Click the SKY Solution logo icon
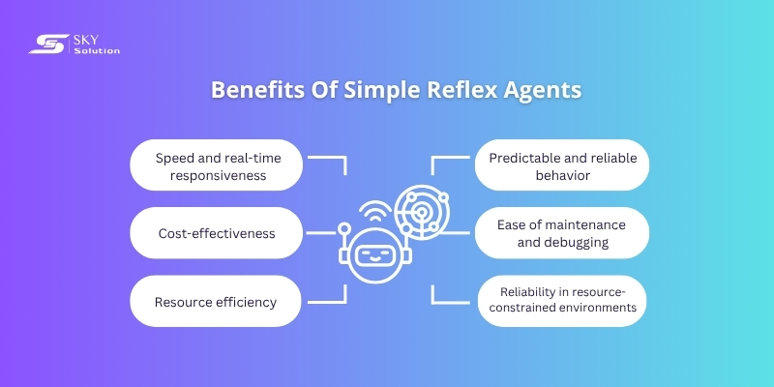tap(45, 44)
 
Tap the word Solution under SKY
tap(97, 51)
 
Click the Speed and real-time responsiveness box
tap(217, 166)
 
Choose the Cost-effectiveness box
tap(217, 233)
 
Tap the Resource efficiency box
tap(217, 301)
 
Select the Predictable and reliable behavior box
tap(560, 166)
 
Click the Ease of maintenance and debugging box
tap(560, 233)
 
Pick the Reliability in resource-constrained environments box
tap(560, 300)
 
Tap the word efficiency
tap(245, 302)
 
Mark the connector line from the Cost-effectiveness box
tap(321, 233)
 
